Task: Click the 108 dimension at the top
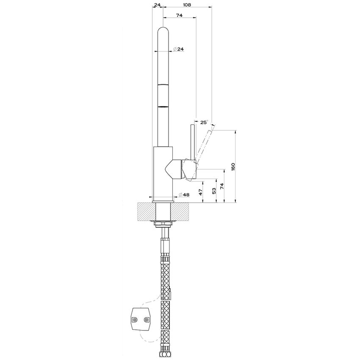[x=187, y=5]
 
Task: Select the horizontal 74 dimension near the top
[x=179, y=15]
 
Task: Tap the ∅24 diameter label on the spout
[x=178, y=50]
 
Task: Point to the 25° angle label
[x=204, y=122]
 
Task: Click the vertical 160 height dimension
[x=233, y=166]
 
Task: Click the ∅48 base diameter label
[x=184, y=194]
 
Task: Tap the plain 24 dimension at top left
[x=157, y=5]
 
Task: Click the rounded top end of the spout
[x=163, y=32]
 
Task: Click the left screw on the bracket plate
[x=135, y=321]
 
